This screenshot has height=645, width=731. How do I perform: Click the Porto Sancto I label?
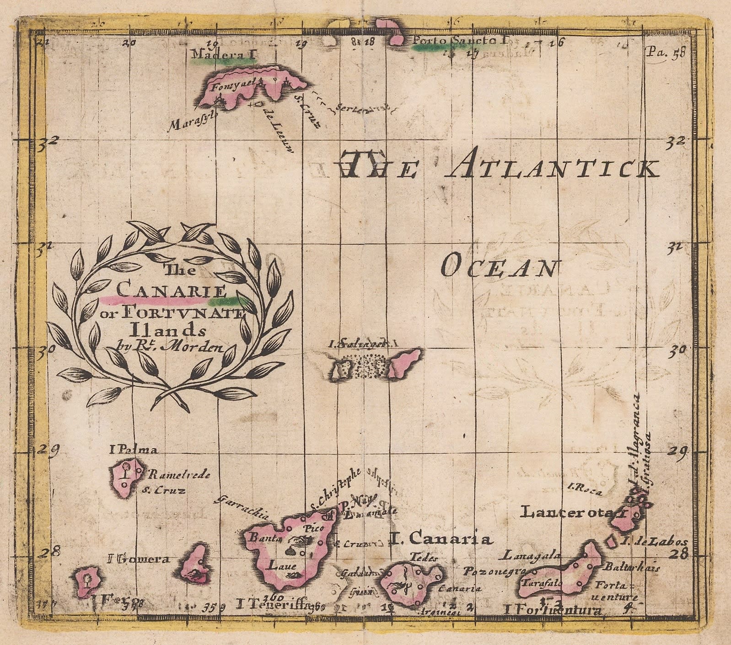[x=460, y=40]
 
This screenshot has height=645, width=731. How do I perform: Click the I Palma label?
[x=134, y=450]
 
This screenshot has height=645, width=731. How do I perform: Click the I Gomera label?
[x=138, y=559]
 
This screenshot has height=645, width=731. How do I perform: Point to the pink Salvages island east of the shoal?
[x=406, y=361]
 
